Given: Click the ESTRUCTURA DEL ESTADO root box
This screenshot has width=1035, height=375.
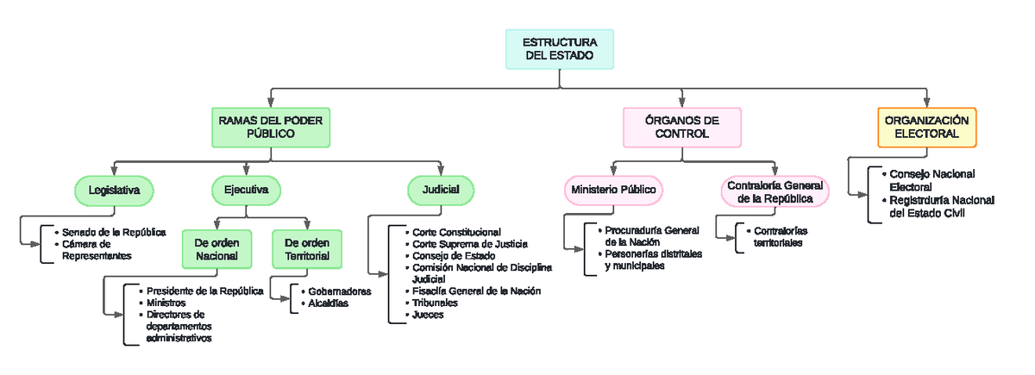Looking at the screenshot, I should [x=559, y=49].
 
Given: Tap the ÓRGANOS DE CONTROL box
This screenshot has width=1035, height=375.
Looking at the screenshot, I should [x=681, y=128].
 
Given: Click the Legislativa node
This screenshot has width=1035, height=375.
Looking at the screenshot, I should [x=114, y=190].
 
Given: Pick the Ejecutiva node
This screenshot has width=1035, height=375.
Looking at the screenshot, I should [x=246, y=190].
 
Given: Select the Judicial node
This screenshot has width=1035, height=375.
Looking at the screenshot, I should [x=440, y=190].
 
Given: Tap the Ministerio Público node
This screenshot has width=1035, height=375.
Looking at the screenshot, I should [x=612, y=190].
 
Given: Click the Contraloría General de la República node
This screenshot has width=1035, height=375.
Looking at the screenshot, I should [x=775, y=192].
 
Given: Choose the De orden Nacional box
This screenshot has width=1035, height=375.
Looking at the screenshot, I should [x=216, y=248].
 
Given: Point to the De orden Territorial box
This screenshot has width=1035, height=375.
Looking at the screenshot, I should [x=306, y=248].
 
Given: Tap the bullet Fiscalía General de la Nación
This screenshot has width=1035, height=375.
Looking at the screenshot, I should [x=476, y=291].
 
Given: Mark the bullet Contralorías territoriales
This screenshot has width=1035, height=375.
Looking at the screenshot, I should [x=780, y=237].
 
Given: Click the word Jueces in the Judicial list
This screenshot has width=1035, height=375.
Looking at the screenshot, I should [x=428, y=316].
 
